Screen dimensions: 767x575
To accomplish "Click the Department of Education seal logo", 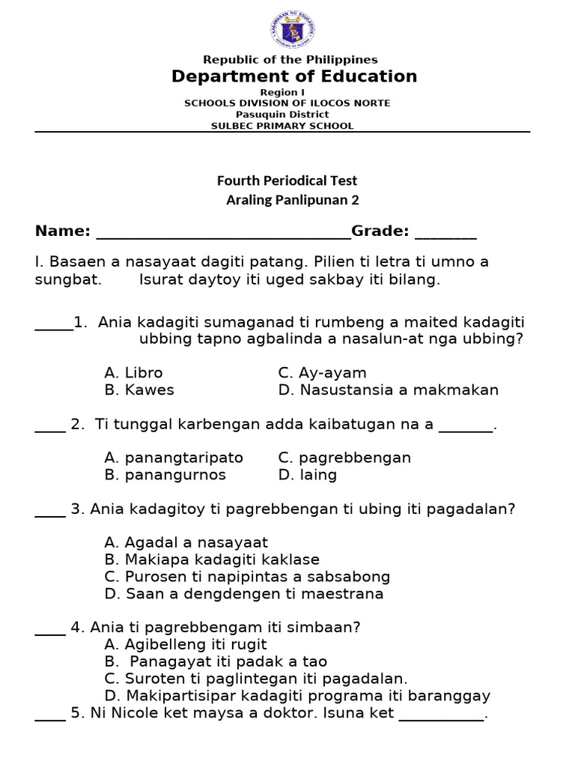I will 293,31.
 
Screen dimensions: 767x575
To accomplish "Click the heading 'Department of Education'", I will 294,76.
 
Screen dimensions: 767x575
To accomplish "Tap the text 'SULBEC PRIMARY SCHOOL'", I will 282,126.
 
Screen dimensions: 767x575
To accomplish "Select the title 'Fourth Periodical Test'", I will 287,181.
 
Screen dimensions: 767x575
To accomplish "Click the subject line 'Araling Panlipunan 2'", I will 292,200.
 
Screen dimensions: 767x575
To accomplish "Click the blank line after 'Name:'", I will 224,233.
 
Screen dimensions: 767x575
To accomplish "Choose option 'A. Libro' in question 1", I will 133,373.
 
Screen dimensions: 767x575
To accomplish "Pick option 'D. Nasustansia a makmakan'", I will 388,390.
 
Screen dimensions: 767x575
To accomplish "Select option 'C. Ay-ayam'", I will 322,373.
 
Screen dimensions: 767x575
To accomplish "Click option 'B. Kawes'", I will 139,390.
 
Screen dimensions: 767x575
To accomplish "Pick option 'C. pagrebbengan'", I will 344,458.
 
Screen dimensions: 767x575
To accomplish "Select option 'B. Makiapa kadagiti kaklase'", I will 212,560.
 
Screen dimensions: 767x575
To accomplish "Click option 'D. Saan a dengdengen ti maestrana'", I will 244,594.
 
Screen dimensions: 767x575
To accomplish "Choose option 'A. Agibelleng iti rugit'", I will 186,645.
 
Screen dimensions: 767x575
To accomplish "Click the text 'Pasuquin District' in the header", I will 282,115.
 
